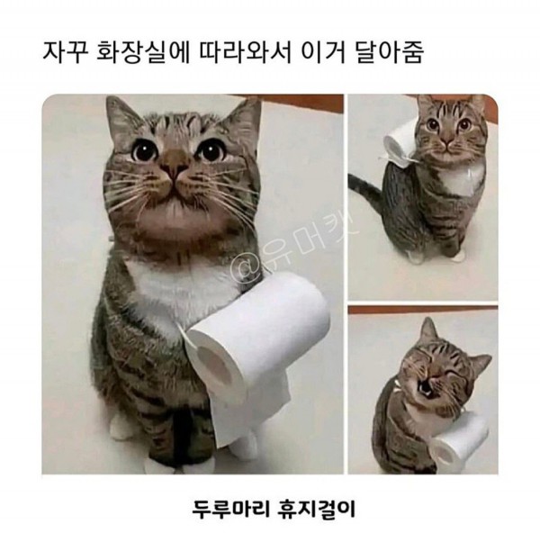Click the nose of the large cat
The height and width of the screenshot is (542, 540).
click(x=175, y=167)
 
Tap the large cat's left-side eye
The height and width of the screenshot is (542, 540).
click(x=145, y=149)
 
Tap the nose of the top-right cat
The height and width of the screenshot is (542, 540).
click(x=449, y=141)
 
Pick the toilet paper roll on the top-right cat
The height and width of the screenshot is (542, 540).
click(x=400, y=143)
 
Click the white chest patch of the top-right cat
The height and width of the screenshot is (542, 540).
click(x=461, y=180)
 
